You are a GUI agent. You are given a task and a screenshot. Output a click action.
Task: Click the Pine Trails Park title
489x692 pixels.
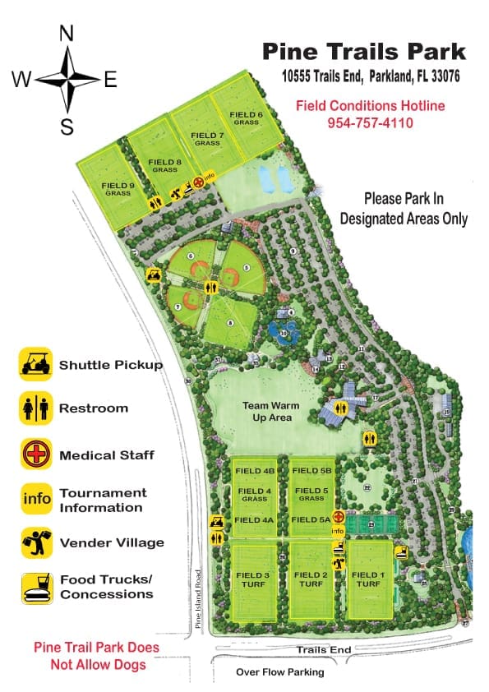364,52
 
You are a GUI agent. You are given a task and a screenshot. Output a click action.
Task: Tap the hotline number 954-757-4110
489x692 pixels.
370,123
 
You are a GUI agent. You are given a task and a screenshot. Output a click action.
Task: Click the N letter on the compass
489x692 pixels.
67,34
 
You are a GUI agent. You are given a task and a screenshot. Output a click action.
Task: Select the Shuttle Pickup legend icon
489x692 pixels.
37,365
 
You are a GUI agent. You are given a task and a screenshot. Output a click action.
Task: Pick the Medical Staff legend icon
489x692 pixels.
37,454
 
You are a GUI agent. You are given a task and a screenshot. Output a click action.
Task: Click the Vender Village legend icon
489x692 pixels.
37,542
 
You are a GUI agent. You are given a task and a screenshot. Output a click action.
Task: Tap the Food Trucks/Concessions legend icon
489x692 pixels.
37,587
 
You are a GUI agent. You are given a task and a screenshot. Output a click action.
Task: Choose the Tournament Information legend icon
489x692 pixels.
37,499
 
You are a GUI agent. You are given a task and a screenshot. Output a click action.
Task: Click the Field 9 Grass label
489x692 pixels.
117,189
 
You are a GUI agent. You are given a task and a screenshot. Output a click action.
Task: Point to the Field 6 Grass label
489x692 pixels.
246,118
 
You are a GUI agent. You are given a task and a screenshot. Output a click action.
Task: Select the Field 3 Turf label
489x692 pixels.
254,579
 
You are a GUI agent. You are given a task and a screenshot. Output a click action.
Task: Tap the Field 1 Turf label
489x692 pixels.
368,579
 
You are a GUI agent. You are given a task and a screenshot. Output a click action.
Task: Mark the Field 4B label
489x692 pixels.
254,471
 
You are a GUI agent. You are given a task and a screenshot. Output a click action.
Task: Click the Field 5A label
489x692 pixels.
311,519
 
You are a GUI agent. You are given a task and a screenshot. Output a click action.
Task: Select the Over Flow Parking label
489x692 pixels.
280,671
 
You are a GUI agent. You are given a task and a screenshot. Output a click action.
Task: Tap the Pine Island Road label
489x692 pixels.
198,601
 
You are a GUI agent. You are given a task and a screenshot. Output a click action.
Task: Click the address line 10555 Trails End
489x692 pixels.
370,76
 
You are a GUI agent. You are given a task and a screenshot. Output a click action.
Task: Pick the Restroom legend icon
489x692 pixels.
37,408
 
